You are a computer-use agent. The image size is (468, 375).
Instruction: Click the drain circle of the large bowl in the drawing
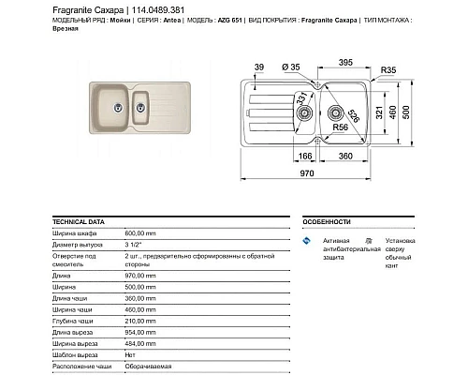pos(360,108)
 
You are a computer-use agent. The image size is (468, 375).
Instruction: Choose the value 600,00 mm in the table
pos(144,233)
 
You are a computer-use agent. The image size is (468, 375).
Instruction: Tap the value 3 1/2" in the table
pos(134,243)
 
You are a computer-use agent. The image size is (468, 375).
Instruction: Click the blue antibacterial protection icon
pos(305,243)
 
